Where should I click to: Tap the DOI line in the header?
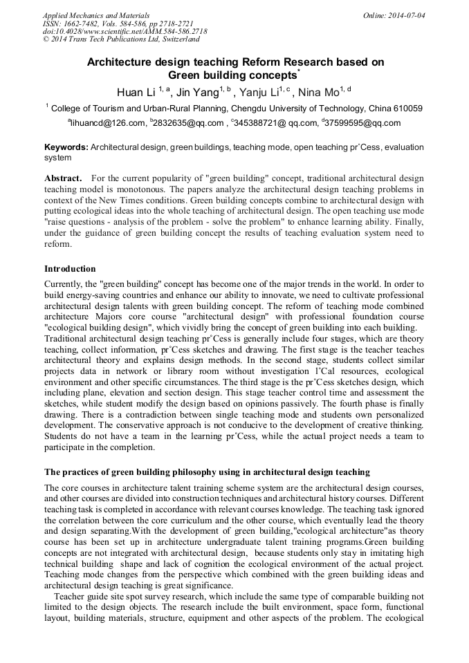tap(125, 31)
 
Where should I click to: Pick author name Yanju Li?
tap(261, 92)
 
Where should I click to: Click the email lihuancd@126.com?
tap(107, 124)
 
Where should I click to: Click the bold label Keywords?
tap(66, 147)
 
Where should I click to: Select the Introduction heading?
tap(70, 268)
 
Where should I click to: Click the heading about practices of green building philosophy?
tap(207, 472)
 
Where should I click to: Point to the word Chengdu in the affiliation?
tap(246, 109)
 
